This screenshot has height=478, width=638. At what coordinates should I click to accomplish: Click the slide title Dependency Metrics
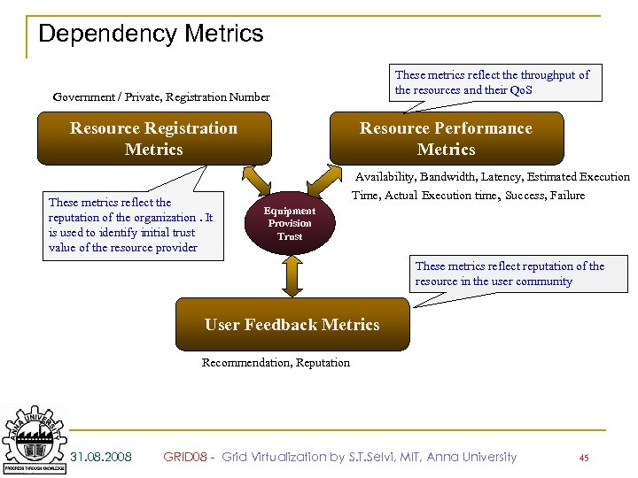pyautogui.click(x=151, y=35)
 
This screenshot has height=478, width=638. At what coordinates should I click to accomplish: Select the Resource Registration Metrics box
pyautogui.click(x=153, y=139)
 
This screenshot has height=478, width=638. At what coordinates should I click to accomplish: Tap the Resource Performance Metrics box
pyautogui.click(x=446, y=139)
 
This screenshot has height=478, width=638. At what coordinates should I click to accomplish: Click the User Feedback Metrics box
pyautogui.click(x=292, y=325)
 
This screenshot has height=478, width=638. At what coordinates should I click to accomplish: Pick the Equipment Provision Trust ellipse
pyautogui.click(x=290, y=224)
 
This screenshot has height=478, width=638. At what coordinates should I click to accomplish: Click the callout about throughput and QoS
pyautogui.click(x=492, y=82)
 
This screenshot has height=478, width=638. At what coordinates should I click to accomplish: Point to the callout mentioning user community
pyautogui.click(x=510, y=274)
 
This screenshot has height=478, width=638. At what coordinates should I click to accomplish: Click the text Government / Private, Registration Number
pyautogui.click(x=161, y=96)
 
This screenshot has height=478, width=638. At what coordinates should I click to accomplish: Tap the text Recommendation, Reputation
pyautogui.click(x=276, y=362)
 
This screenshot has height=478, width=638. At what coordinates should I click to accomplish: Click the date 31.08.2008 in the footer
pyautogui.click(x=101, y=457)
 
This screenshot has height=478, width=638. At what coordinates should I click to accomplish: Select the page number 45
pyautogui.click(x=583, y=458)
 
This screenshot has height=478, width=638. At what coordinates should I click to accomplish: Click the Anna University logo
pyautogui.click(x=34, y=438)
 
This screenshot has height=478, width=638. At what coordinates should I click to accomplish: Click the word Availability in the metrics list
pyautogui.click(x=386, y=177)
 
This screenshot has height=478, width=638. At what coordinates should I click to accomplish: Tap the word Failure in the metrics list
pyautogui.click(x=567, y=195)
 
